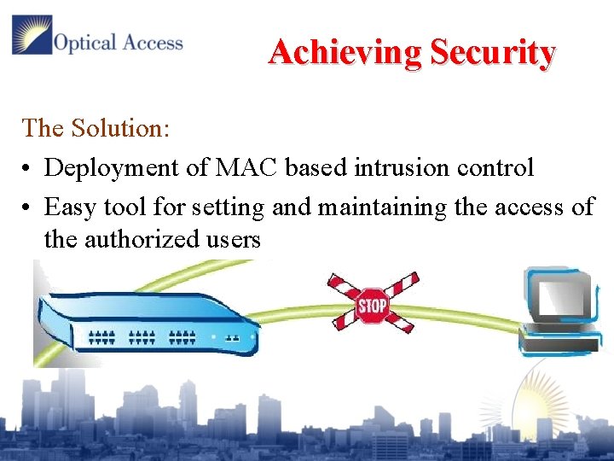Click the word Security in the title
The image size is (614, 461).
tap(492, 53)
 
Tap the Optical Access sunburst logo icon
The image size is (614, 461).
tap(31, 35)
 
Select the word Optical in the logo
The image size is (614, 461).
tap(84, 42)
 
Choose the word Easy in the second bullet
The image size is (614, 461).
tap(71, 207)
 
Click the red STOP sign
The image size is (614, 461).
tap(373, 305)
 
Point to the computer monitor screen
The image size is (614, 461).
tap(558, 296)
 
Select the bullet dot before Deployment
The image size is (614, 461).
tap(28, 168)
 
